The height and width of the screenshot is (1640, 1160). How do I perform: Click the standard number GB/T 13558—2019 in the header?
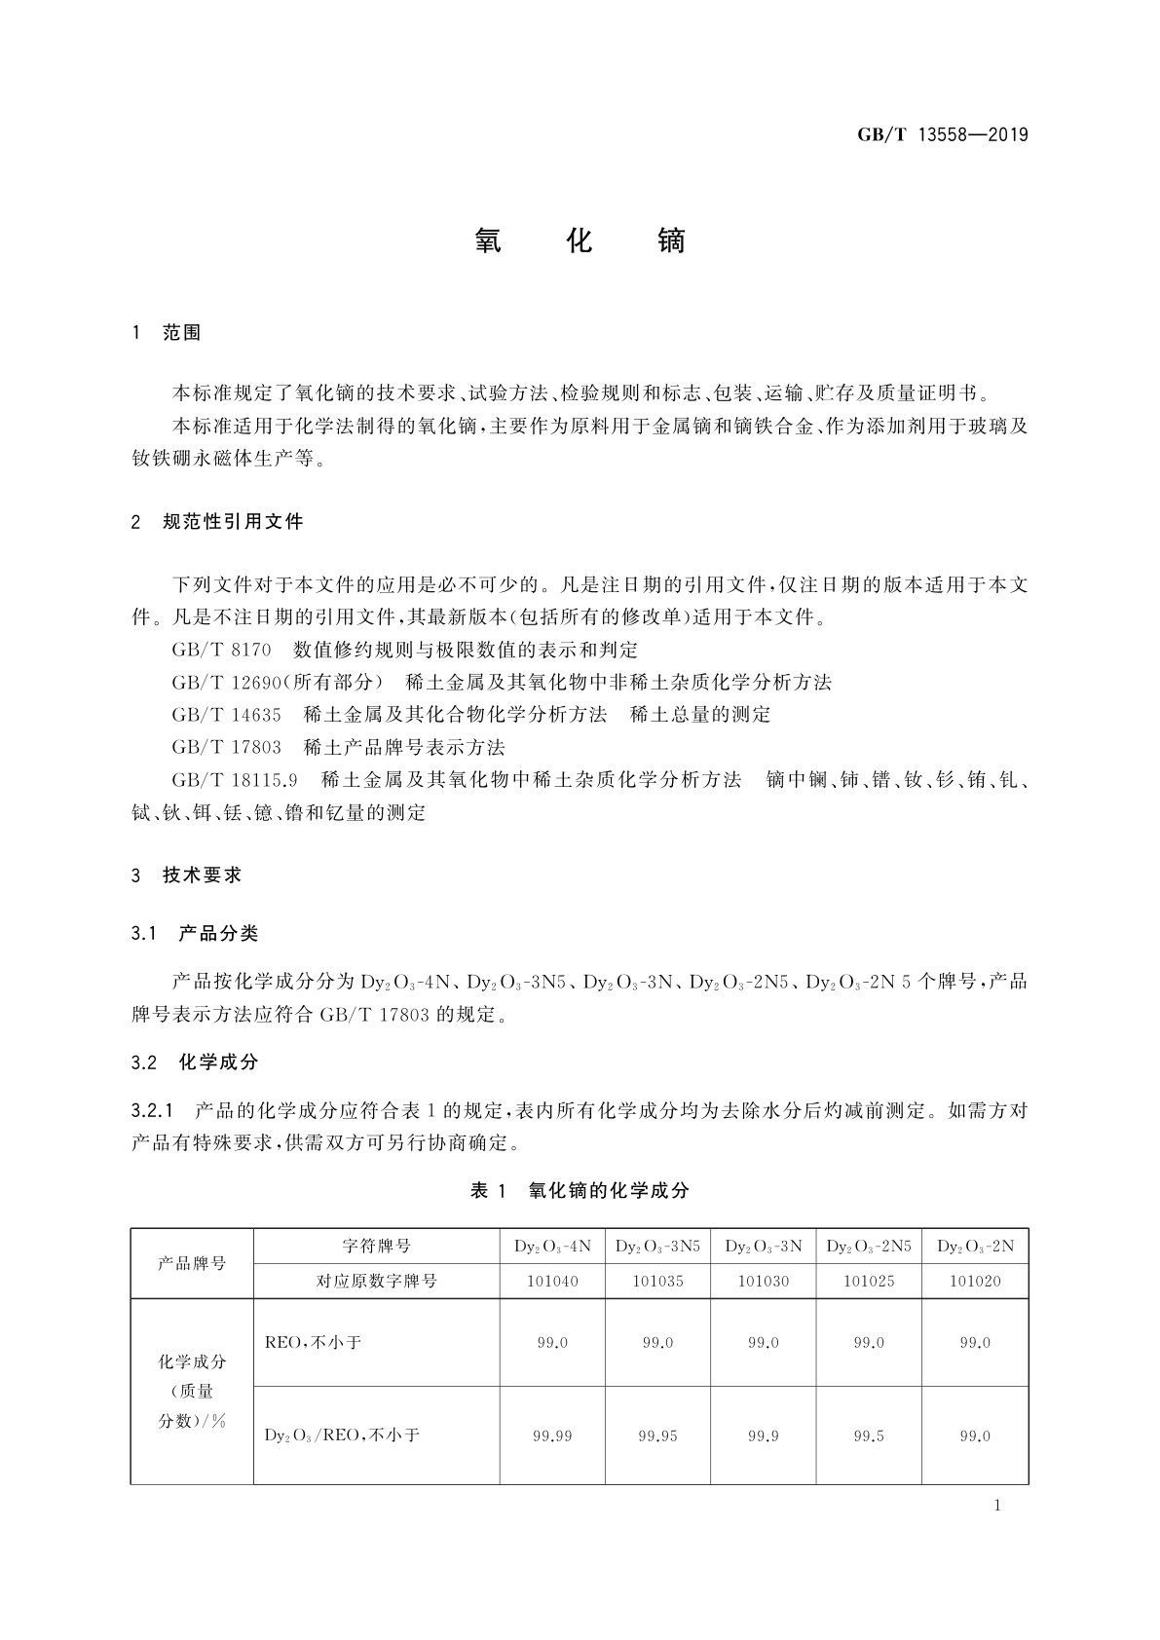coord(942,134)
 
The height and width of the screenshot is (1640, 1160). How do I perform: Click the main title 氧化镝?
coord(580,242)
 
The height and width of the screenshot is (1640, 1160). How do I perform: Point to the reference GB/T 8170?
coord(221,650)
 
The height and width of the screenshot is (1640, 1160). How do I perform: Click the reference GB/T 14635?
coord(226,715)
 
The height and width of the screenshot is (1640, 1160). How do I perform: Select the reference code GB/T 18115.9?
coord(234,780)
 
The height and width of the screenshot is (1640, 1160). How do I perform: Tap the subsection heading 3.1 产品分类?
coord(195,934)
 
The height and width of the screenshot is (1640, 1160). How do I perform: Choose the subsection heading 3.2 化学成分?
coord(195,1062)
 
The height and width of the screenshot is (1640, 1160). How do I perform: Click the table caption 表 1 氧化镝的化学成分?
coord(580,1190)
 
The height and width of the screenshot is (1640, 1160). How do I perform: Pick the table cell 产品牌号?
coord(192,1263)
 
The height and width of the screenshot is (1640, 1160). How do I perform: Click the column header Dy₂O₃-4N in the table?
coord(552,1247)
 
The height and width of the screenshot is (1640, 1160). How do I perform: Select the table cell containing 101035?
coord(657,1281)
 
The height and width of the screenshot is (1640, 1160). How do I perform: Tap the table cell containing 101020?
coord(975,1281)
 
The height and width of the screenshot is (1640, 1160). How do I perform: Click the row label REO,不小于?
coord(313,1342)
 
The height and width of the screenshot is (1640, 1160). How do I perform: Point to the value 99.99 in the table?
coord(552,1435)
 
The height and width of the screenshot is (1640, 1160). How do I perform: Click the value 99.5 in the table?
coord(869,1435)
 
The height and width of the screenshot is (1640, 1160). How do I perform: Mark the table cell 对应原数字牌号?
coord(376,1281)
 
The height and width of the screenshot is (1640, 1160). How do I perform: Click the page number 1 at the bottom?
coord(997,1506)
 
